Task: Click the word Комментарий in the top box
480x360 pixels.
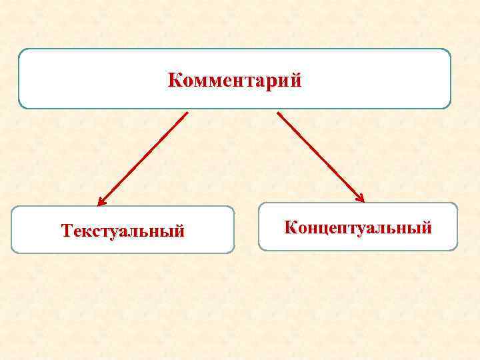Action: [x=235, y=81]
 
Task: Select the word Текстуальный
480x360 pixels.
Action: [x=122, y=231]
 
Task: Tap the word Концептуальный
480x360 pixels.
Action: [x=358, y=227]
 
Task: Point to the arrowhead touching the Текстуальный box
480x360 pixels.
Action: [x=101, y=202]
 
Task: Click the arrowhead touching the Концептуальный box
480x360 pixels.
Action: [x=361, y=198]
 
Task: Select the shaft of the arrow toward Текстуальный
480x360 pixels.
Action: [x=143, y=158]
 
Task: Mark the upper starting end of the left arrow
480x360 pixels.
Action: [x=187, y=113]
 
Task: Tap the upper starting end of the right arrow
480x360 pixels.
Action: [x=278, y=113]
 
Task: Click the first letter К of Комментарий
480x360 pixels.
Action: [x=175, y=81]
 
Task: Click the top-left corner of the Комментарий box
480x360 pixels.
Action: [x=20, y=50]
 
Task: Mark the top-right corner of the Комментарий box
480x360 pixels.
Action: [x=449, y=50]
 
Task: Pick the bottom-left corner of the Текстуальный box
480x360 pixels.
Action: [x=13, y=251]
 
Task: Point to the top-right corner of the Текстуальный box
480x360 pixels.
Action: [x=233, y=208]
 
